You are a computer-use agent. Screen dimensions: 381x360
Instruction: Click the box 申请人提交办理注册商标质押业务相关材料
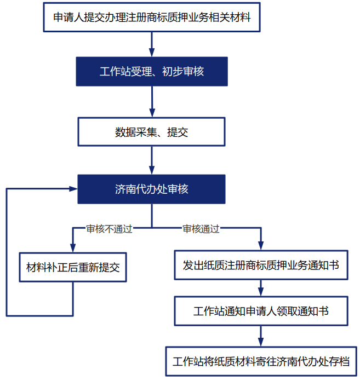click(152, 17)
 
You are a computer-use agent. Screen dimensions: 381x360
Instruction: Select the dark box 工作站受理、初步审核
click(152, 71)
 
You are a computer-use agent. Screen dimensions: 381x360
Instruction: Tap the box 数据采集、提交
click(152, 132)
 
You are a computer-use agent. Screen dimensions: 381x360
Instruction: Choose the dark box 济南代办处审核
click(152, 189)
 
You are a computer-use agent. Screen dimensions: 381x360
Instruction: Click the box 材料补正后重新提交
click(73, 268)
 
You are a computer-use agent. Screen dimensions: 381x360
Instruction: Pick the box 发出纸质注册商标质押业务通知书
click(261, 265)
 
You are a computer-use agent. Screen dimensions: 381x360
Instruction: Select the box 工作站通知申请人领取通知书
click(261, 311)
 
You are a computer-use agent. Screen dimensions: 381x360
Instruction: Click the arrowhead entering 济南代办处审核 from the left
click(73, 189)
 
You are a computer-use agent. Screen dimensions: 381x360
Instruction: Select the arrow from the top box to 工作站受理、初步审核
click(152, 44)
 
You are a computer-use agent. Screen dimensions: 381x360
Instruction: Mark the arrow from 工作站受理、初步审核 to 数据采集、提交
click(152, 101)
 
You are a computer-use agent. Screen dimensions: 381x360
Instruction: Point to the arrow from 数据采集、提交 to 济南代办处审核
click(152, 160)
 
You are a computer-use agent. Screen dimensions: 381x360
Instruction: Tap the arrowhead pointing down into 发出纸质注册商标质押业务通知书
click(261, 246)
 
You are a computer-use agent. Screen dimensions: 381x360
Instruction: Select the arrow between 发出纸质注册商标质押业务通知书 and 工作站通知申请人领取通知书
click(261, 288)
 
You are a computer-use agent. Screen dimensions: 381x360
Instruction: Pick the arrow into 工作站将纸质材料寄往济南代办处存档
click(261, 336)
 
